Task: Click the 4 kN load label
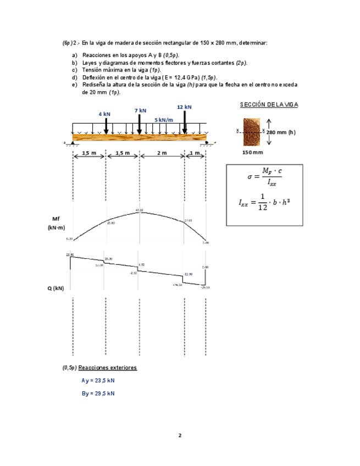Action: pyautogui.click(x=104, y=114)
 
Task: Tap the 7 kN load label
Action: pyautogui.click(x=140, y=110)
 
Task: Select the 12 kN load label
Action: pyautogui.click(x=184, y=107)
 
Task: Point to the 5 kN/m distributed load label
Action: pyautogui.click(x=163, y=119)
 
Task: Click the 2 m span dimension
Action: pyautogui.click(x=162, y=153)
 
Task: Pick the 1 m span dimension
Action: pyautogui.click(x=195, y=153)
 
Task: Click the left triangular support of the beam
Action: pyautogui.click(x=73, y=143)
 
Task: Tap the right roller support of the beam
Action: pyautogui.click(x=207, y=143)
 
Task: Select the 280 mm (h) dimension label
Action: pyautogui.click(x=281, y=132)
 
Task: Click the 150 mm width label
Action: pyautogui.click(x=252, y=152)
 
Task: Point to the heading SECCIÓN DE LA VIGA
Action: pyautogui.click(x=269, y=105)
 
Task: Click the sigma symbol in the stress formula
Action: pyautogui.click(x=250, y=177)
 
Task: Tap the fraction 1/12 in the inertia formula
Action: pyautogui.click(x=262, y=202)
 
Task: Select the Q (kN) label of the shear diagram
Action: pyautogui.click(x=56, y=288)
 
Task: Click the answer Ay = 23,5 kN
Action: pyautogui.click(x=98, y=380)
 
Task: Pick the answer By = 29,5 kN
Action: pyautogui.click(x=98, y=393)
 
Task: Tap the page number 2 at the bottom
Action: pyautogui.click(x=180, y=436)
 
